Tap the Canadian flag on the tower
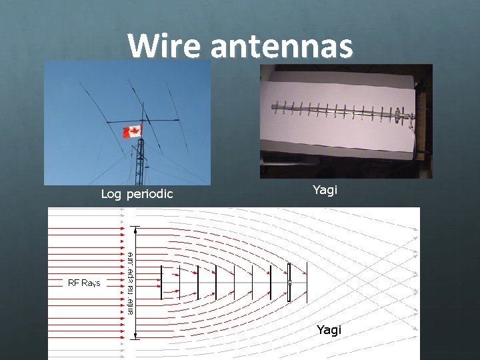[x=132, y=131]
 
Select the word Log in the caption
[x=111, y=194]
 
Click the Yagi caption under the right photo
[x=325, y=190]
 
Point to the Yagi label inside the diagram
[x=329, y=329]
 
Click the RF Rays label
[x=84, y=283]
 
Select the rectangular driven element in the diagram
[x=289, y=283]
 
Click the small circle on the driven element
[x=290, y=283]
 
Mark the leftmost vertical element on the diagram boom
[x=161, y=283]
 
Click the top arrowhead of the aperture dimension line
[x=137, y=231]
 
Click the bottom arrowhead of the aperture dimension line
[x=137, y=335]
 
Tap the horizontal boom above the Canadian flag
[x=150, y=121]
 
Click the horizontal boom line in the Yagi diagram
[x=233, y=283]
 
